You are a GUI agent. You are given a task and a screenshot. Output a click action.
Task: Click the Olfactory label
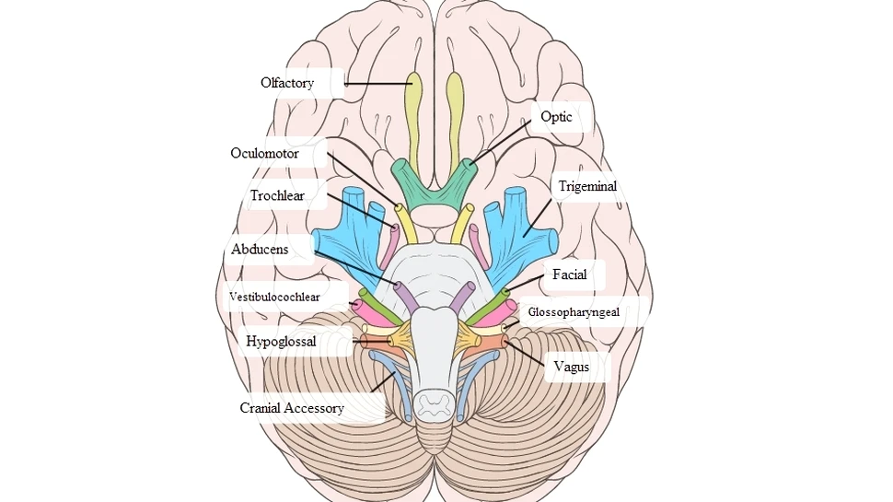coord(287,83)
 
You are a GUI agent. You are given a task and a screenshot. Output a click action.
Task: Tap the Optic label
coord(556,117)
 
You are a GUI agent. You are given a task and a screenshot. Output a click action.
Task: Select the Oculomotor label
coord(265,154)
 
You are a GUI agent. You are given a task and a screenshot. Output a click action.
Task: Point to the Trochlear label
coord(276,195)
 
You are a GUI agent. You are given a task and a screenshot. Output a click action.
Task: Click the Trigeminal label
coord(587,186)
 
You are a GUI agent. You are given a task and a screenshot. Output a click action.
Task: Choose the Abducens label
coord(260,250)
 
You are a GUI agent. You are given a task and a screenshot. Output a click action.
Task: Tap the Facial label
coord(569,274)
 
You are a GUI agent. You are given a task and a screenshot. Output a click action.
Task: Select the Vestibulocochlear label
coord(274,298)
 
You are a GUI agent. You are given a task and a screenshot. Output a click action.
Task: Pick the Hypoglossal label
coord(281,342)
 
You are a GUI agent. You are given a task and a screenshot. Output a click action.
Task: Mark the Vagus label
coord(572,367)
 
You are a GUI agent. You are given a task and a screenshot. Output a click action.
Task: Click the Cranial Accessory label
coord(292,408)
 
